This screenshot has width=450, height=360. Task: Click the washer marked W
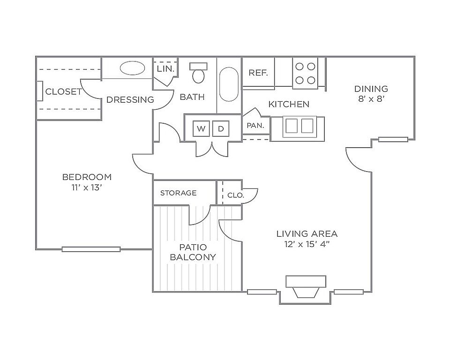(201, 128)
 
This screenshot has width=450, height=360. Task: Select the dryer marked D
(221, 128)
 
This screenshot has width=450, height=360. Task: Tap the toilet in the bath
(198, 73)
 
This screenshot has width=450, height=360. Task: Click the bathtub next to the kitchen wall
(229, 84)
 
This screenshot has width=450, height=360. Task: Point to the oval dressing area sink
(132, 68)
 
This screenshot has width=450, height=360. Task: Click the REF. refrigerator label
(258, 73)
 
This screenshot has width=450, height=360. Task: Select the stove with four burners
(305, 73)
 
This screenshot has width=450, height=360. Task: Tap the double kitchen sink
(300, 126)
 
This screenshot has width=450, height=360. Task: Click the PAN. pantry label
(255, 126)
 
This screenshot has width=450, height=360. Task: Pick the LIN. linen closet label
(165, 69)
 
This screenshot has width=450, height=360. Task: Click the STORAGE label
(178, 193)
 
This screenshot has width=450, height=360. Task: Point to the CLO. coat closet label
(236, 195)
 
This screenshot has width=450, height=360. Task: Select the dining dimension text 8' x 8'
(371, 99)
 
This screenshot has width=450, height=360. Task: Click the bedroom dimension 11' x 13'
(87, 187)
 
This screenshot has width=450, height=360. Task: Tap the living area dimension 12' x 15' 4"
(307, 244)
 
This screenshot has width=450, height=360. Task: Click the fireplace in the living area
(306, 287)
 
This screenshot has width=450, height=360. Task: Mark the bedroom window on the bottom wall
(91, 249)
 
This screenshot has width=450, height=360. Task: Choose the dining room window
(393, 140)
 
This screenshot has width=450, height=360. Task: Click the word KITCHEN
(289, 104)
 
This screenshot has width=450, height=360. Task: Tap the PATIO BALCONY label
(193, 252)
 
